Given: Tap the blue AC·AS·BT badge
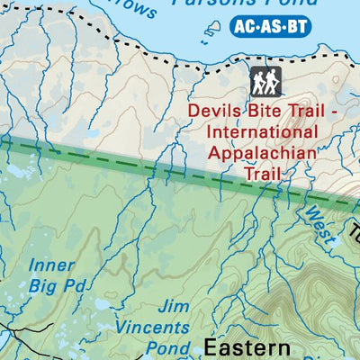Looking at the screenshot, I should point(271,26).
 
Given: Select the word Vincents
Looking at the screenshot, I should point(159,328).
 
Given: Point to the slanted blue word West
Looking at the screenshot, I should point(317,226).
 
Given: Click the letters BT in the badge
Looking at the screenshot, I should point(296,26).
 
